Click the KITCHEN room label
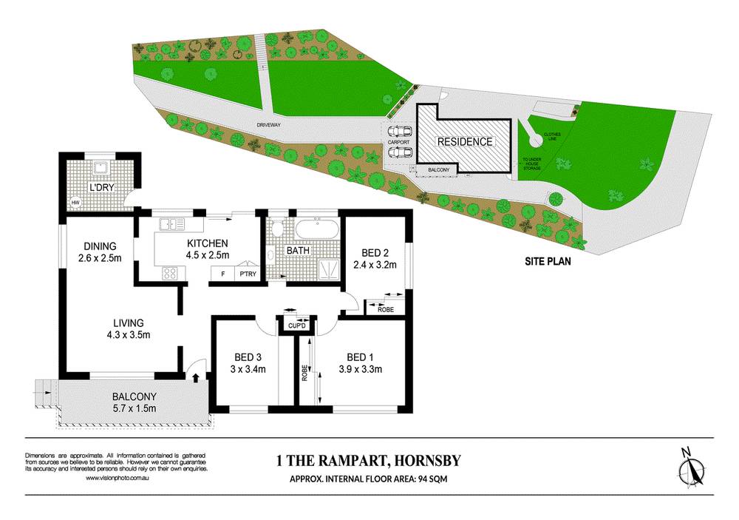pos(207,243)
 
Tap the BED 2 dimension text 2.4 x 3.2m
pos(375,264)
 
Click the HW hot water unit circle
pos(75,203)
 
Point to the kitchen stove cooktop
pos(170,272)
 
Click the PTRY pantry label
pos(246,274)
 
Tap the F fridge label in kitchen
pos(222,274)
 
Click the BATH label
pos(308,251)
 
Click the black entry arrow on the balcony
pos(195,378)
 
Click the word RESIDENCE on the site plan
pos(464,141)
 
